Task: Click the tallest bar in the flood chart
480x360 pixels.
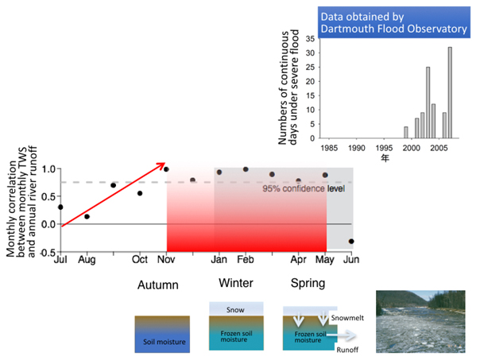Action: (x=450, y=92)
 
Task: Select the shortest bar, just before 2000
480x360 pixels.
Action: (x=406, y=133)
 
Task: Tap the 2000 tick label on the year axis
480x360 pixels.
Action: (x=412, y=148)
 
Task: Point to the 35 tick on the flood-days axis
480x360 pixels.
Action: (x=310, y=39)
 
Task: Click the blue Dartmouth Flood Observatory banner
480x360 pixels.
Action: (x=394, y=22)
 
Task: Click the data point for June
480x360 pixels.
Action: (x=351, y=242)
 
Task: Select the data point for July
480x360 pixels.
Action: (x=60, y=207)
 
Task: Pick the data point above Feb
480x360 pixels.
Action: (x=246, y=169)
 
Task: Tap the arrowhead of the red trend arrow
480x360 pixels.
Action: (x=161, y=165)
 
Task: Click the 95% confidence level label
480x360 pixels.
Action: (x=304, y=188)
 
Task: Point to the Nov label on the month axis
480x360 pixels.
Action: (x=166, y=260)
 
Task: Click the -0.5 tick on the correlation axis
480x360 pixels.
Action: (x=48, y=253)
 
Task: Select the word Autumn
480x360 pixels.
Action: (x=158, y=285)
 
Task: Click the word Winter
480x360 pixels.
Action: (x=236, y=283)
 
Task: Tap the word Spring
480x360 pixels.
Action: (x=308, y=284)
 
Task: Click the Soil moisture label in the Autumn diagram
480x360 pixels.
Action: (x=165, y=342)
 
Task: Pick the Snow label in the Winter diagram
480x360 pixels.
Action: (x=235, y=310)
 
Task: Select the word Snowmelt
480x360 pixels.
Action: (x=347, y=318)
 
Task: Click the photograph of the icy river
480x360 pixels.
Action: (x=420, y=321)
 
